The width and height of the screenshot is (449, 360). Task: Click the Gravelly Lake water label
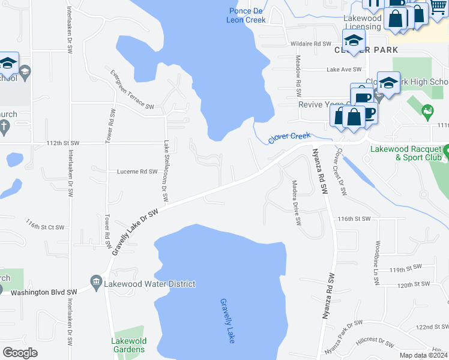tap(226, 321)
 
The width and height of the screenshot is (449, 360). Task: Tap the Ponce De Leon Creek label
tap(246, 16)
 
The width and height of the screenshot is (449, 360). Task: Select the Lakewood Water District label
tap(150, 284)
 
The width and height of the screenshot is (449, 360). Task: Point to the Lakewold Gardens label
tap(128, 345)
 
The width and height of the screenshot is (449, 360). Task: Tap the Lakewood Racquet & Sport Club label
tap(409, 153)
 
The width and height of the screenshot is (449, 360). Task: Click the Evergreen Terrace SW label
tap(132, 89)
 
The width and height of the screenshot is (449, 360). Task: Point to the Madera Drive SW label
tap(297, 202)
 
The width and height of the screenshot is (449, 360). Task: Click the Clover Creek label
tap(289, 137)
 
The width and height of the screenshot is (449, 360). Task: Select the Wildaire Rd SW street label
tap(311, 44)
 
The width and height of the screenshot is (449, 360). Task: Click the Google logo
tap(20, 353)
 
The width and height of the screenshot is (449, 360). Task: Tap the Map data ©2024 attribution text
tap(423, 355)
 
